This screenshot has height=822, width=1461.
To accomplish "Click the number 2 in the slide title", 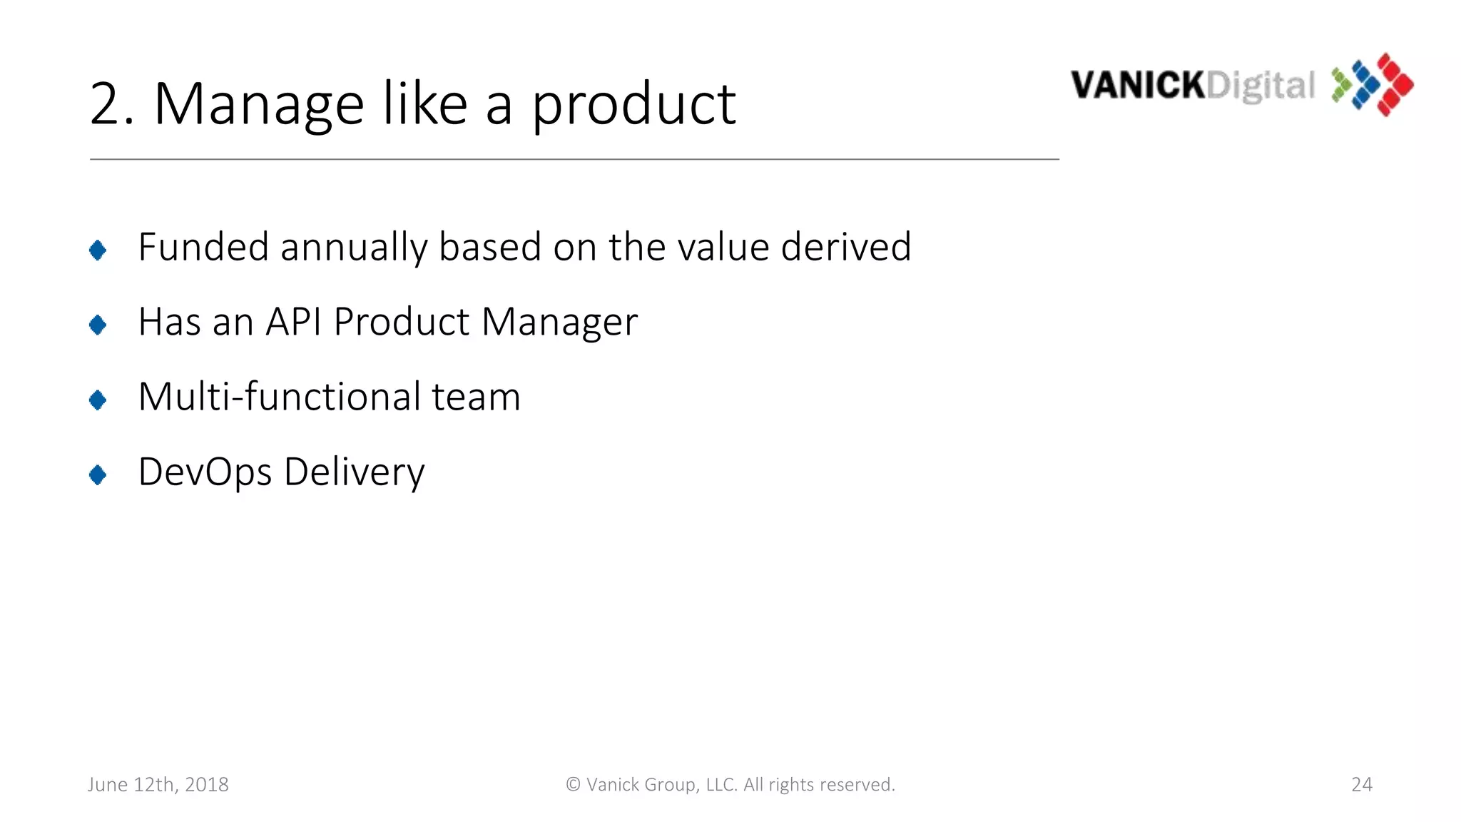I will pyautogui.click(x=108, y=104).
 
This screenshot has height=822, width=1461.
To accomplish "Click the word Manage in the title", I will pyautogui.click(x=258, y=104).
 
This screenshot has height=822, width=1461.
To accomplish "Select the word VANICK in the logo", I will pyautogui.click(x=1138, y=86).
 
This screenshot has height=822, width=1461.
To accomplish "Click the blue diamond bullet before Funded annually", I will pyautogui.click(x=98, y=250).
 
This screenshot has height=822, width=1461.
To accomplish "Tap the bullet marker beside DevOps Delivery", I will pyautogui.click(x=98, y=475).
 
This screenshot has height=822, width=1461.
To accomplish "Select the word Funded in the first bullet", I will pyautogui.click(x=203, y=247).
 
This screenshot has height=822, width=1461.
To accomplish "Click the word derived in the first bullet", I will pyautogui.click(x=846, y=247).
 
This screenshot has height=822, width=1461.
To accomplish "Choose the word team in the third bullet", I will pyautogui.click(x=476, y=397).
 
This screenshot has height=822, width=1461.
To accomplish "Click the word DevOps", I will pyautogui.click(x=205, y=472).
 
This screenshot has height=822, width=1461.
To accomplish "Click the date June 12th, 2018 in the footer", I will pyautogui.click(x=158, y=784).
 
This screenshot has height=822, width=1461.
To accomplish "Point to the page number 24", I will pyautogui.click(x=1361, y=784).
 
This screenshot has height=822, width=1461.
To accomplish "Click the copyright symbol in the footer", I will pyautogui.click(x=573, y=784).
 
